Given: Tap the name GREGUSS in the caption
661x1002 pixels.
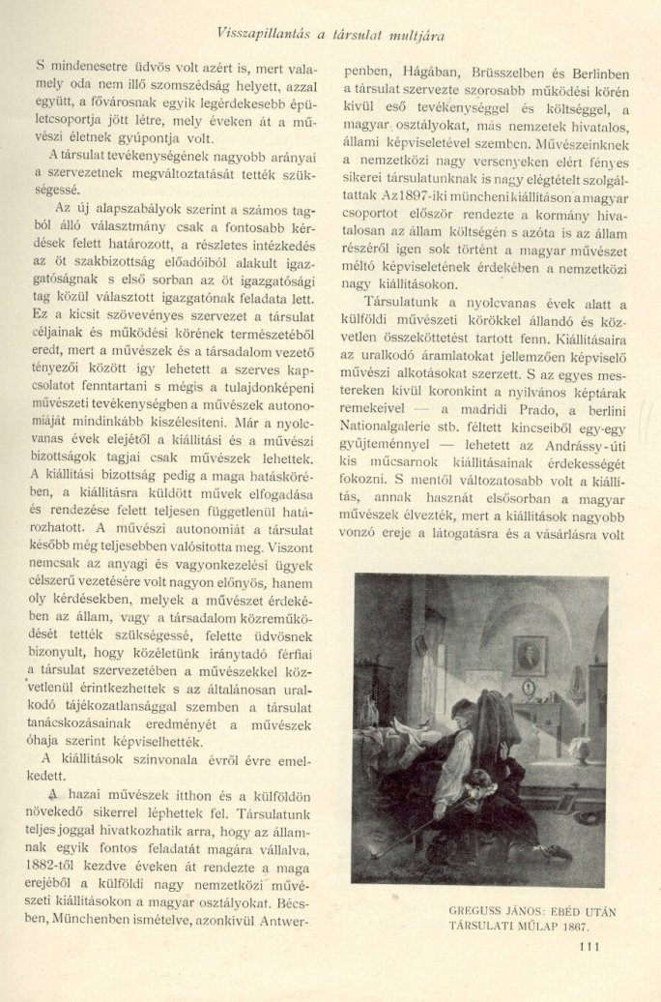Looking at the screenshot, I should [x=480, y=909].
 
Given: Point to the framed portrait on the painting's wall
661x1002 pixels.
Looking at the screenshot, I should [x=529, y=656].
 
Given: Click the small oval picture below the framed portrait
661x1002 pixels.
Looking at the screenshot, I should [x=529, y=688].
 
